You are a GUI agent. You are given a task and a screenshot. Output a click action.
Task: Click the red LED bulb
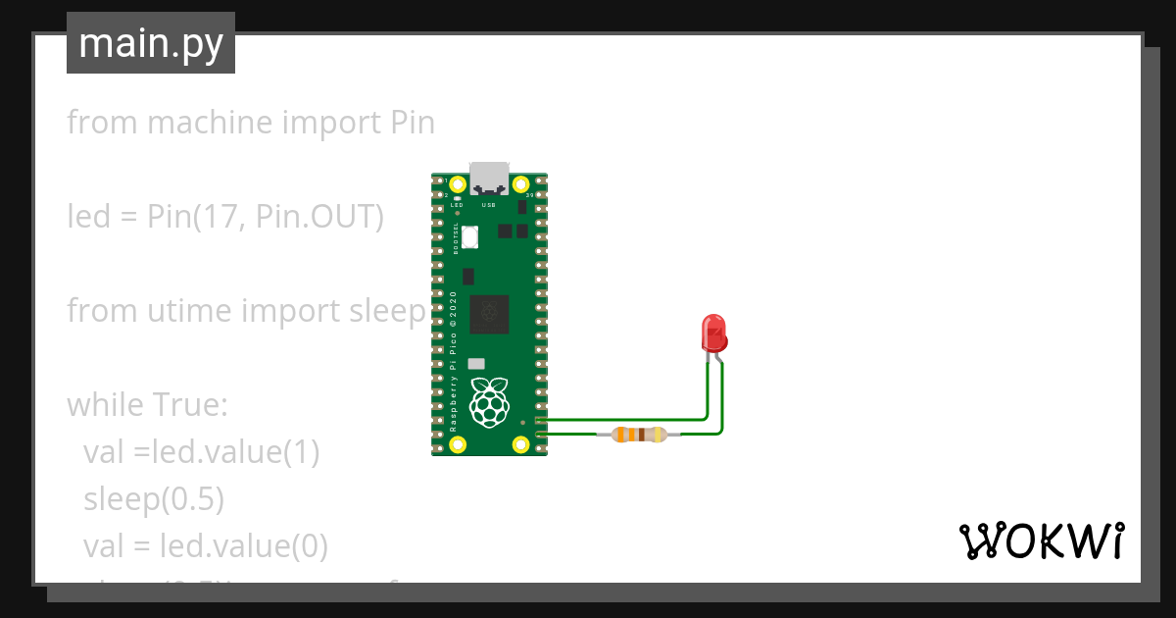tap(714, 333)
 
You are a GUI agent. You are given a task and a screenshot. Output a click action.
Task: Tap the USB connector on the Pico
tap(490, 180)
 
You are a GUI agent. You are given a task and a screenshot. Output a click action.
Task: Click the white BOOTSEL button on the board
tap(469, 236)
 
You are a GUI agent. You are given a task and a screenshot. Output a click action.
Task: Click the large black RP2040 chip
tap(490, 314)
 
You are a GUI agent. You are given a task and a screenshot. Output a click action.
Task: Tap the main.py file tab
tap(151, 44)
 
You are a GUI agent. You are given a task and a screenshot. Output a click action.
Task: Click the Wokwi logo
tap(1041, 541)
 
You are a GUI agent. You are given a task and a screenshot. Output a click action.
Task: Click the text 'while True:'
tap(147, 404)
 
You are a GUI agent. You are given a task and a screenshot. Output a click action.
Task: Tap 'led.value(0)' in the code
tap(242, 545)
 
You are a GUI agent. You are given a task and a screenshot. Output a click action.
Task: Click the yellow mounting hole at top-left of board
tap(458, 184)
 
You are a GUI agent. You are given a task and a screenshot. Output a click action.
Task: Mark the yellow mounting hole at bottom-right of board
tap(521, 444)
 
